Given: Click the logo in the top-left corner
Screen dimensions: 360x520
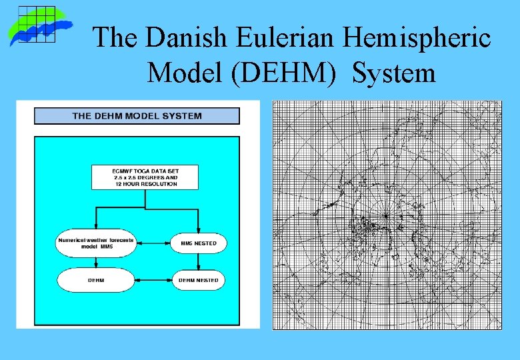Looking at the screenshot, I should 40,26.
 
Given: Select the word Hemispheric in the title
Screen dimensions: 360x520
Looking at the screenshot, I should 417,39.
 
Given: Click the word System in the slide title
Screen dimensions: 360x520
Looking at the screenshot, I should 394,73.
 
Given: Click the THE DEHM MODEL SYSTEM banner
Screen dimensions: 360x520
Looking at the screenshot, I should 137,116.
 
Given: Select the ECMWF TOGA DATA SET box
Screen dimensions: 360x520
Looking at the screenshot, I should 145,177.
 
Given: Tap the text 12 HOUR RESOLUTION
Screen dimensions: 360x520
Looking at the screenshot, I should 145,184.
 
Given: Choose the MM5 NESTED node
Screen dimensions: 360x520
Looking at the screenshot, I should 199,243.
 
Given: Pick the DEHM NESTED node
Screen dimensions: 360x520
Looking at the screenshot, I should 199,280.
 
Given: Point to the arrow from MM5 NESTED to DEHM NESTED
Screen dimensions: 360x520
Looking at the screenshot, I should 199,262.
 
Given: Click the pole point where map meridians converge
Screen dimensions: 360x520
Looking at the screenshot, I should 385,217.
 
